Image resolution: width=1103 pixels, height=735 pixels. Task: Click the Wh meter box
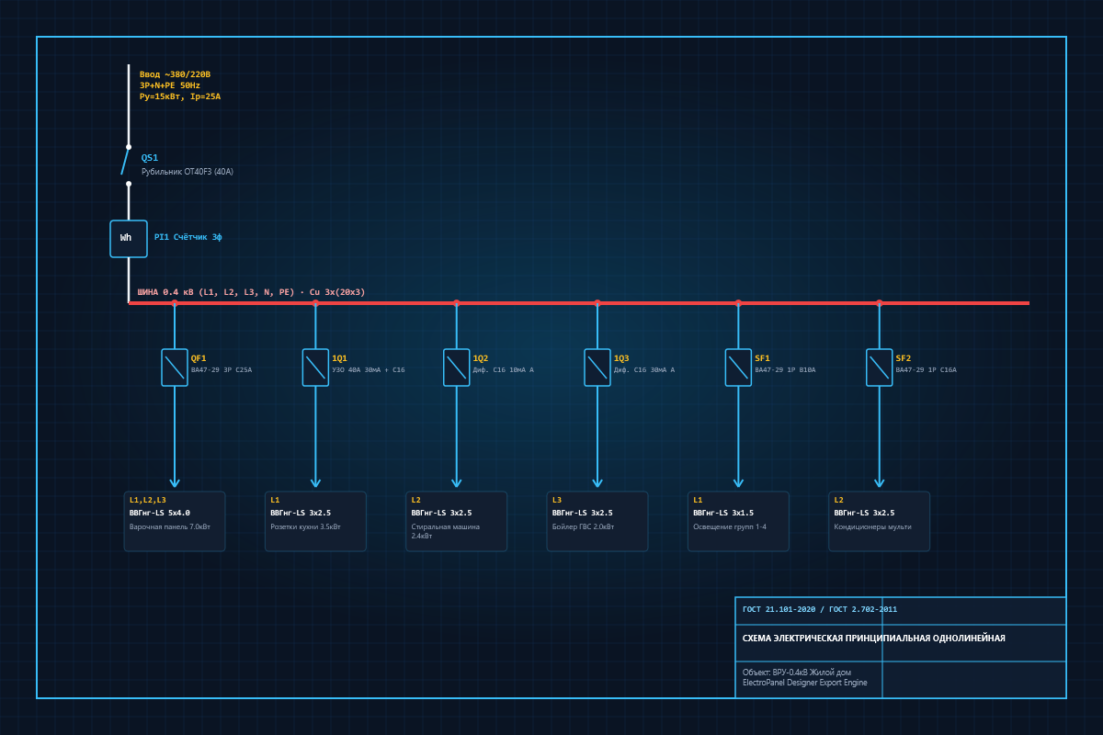click(129, 239)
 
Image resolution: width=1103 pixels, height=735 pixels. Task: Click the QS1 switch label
click(150, 157)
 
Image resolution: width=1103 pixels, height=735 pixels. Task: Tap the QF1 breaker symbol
click(175, 367)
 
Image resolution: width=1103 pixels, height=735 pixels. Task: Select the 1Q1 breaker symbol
click(315, 367)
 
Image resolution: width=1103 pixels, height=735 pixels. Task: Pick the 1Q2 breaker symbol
click(457, 367)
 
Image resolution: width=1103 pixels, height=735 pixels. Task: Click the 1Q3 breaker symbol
click(597, 367)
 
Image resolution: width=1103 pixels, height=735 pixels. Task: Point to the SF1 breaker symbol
click(738, 367)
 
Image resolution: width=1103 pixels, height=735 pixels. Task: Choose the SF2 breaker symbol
click(880, 367)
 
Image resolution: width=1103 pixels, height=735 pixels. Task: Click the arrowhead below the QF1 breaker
click(175, 482)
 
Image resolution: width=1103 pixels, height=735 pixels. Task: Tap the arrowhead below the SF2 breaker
click(880, 482)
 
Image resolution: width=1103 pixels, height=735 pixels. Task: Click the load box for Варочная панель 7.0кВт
click(175, 521)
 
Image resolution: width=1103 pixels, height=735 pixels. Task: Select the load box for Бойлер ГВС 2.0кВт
click(597, 521)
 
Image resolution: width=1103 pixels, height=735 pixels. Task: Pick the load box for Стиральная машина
click(457, 521)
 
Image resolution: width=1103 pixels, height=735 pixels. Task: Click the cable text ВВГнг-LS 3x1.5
click(723, 513)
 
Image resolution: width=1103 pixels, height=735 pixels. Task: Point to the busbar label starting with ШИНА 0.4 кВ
click(251, 292)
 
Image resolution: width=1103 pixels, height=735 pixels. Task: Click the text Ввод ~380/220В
click(175, 74)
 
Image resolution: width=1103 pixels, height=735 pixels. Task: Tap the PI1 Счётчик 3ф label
click(188, 237)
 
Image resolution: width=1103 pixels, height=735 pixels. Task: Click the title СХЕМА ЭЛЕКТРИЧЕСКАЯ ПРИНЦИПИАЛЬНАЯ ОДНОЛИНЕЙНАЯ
click(873, 638)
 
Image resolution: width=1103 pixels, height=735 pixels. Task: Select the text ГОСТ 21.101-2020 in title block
click(779, 609)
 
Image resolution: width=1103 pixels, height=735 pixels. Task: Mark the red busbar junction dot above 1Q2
click(457, 303)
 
